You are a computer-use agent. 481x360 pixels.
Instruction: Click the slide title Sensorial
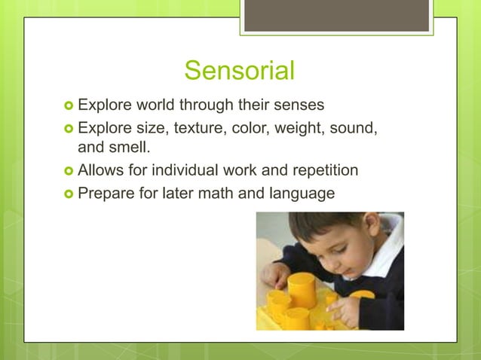239,71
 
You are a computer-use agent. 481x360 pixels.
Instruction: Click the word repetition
319,169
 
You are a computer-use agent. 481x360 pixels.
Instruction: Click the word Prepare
107,194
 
